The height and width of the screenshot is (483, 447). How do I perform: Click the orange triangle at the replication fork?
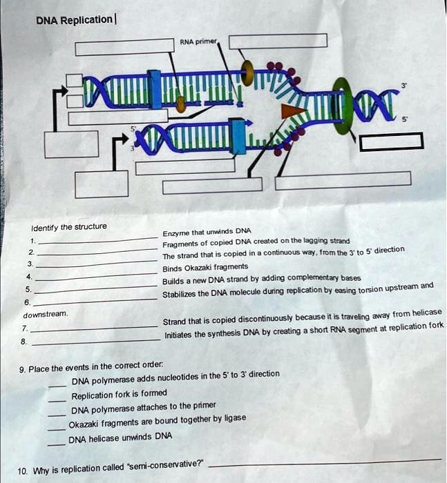[295, 111]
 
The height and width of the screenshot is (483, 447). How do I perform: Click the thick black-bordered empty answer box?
[391, 142]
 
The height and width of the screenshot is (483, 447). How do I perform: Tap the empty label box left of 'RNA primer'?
[124, 48]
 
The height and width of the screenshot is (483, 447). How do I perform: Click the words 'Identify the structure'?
[68, 228]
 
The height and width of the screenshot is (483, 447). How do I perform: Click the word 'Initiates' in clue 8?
[179, 336]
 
